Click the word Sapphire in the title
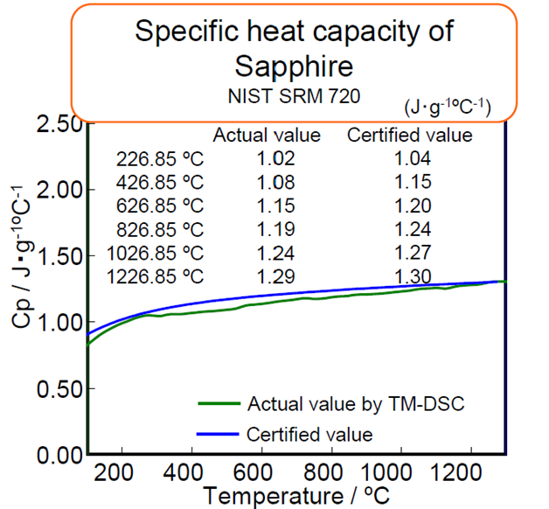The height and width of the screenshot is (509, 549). pos(295,65)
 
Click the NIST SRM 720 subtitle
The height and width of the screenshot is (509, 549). pos(295,93)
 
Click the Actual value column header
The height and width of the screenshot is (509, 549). pos(266,136)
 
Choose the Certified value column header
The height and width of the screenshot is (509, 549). pos(410,136)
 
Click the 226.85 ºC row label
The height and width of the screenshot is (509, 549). pos(160,158)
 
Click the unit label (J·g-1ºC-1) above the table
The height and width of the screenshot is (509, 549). pos(448,108)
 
